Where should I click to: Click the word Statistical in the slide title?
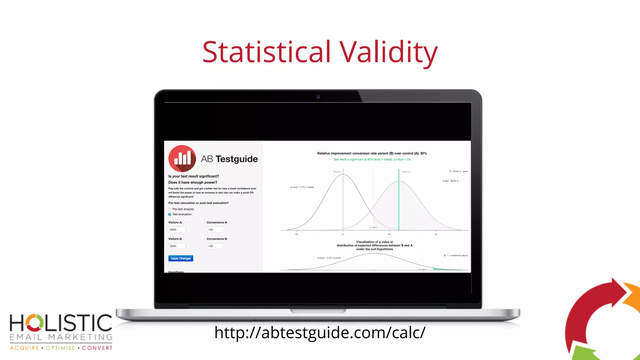(x=266, y=52)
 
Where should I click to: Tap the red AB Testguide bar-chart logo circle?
(x=182, y=158)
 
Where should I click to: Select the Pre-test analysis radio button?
(x=170, y=209)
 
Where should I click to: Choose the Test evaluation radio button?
(x=170, y=214)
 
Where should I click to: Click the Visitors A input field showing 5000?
(x=177, y=230)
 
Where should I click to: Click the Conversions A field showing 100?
(x=215, y=230)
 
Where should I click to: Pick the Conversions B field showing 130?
(x=215, y=246)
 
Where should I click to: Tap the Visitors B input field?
(x=177, y=246)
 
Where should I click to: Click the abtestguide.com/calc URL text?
(x=320, y=332)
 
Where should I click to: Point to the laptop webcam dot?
(x=318, y=97)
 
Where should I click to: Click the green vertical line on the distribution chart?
(x=399, y=200)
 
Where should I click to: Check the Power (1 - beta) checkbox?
(x=450, y=171)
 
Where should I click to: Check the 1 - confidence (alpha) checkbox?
(x=445, y=255)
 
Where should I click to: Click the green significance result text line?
(x=372, y=159)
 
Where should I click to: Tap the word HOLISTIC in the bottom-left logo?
(x=61, y=323)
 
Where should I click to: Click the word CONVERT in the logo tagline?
(x=97, y=348)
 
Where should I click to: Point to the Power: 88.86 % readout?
(x=450, y=181)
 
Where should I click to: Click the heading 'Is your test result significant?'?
(x=193, y=176)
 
